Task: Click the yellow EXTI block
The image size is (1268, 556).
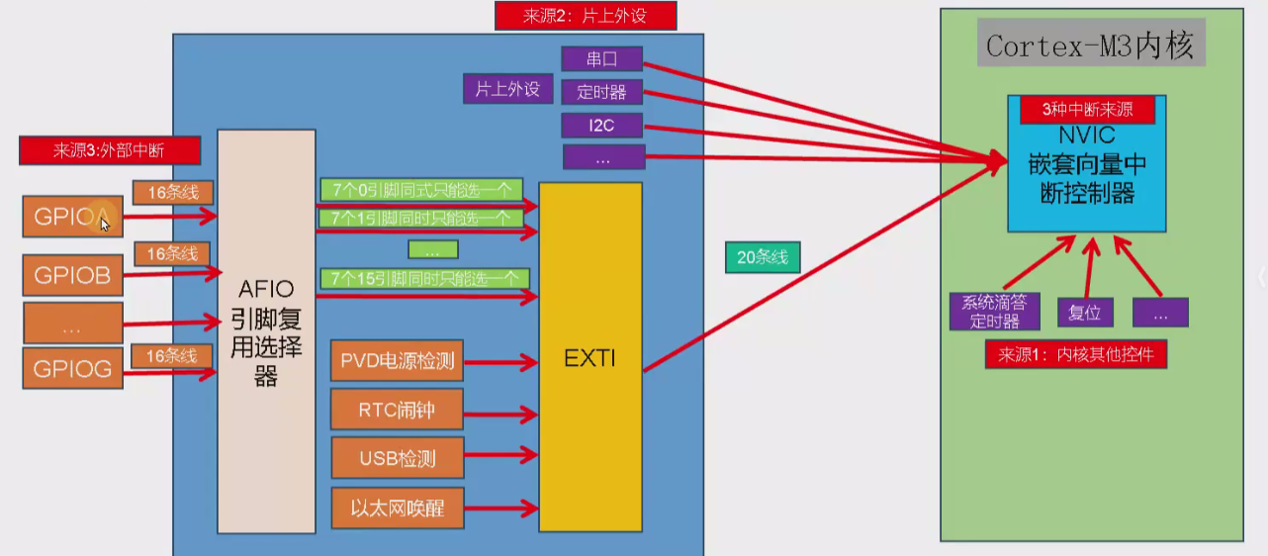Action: tap(590, 356)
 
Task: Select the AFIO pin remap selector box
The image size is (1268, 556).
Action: tap(266, 332)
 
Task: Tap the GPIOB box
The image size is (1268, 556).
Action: tap(73, 275)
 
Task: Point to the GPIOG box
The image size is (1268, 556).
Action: tap(73, 369)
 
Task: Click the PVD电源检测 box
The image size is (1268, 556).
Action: tap(397, 361)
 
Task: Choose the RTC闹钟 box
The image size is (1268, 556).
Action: tap(397, 410)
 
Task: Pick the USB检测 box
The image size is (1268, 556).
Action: tap(397, 458)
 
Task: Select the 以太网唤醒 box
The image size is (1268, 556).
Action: tap(397, 508)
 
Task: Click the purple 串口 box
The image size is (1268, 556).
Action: tap(601, 59)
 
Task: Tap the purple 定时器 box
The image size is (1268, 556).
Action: tap(601, 92)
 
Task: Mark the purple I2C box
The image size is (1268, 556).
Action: tap(601, 126)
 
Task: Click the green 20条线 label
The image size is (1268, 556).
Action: tap(763, 257)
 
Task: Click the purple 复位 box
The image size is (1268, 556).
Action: tap(1085, 313)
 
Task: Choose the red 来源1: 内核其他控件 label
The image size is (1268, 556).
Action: tap(1076, 354)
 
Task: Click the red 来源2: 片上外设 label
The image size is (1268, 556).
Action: tap(586, 16)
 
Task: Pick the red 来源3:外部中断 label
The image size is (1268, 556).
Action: tap(109, 151)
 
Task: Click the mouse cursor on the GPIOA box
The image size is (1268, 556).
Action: tap(104, 223)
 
